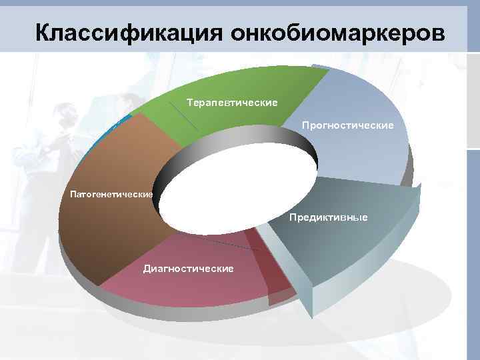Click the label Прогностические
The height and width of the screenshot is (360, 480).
tap(347, 125)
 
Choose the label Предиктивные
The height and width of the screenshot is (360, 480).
tap(328, 218)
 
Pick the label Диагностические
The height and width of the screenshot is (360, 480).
tap(188, 269)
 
